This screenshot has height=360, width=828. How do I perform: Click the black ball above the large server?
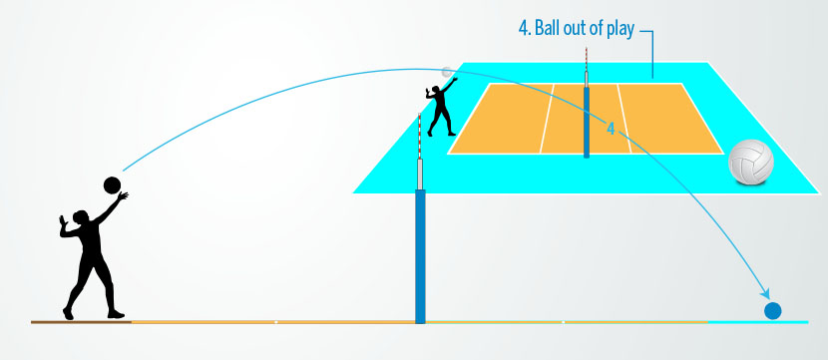pyautogui.click(x=112, y=183)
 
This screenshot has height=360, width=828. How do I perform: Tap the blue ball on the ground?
pyautogui.click(x=772, y=310)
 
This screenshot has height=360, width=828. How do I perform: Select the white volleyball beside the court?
pyautogui.click(x=751, y=162)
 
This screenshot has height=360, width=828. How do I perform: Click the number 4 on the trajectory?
pyautogui.click(x=611, y=125)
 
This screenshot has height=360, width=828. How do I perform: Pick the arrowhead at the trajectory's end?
pyautogui.click(x=766, y=295)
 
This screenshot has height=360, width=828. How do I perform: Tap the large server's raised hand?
pyautogui.click(x=122, y=198)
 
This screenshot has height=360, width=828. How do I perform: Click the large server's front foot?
pyautogui.click(x=115, y=314)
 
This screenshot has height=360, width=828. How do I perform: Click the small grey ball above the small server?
pyautogui.click(x=447, y=72)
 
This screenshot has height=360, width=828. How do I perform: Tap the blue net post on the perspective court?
pyautogui.click(x=587, y=121)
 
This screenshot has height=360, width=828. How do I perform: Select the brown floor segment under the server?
pyautogui.click(x=81, y=322)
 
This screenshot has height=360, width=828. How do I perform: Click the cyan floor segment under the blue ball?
pyautogui.click(x=758, y=322)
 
